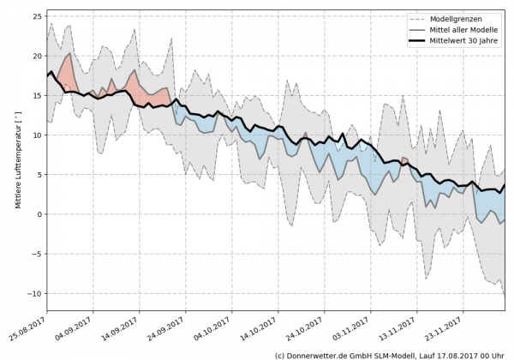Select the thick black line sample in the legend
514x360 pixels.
417,40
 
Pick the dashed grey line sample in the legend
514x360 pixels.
417,18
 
